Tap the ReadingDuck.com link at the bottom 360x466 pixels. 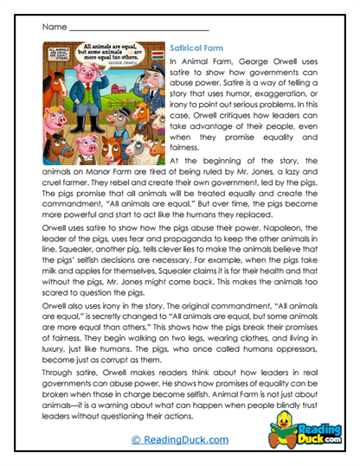[x=179, y=439]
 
